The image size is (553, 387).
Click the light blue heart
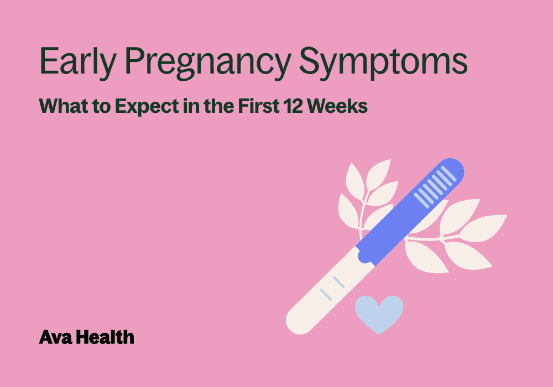tap(379, 313)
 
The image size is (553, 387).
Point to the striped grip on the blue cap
tap(435, 187)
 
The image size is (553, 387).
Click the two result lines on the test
tap(332, 288)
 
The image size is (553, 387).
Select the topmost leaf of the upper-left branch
tap(378, 175)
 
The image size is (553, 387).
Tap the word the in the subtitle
tap(219, 106)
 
